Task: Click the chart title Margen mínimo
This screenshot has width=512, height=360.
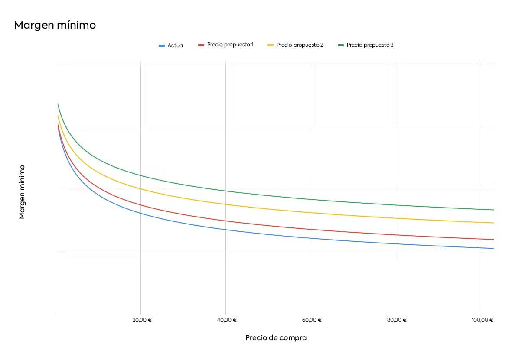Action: pos(55,26)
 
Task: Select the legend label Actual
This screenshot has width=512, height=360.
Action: pos(176,45)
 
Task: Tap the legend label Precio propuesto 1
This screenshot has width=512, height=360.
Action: pos(230,45)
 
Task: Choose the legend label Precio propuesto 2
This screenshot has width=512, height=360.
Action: pos(300,45)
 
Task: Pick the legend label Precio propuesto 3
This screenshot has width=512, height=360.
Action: pos(370,45)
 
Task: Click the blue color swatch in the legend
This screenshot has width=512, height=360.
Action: pos(162,45)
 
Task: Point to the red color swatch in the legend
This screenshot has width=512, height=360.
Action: pos(201,45)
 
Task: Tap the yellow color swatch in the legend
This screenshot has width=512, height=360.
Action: pos(270,45)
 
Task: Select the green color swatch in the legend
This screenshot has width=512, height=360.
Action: pos(340,45)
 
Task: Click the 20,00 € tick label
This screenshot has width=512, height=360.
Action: pos(140,320)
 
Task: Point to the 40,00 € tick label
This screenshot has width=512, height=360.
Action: pos(225,320)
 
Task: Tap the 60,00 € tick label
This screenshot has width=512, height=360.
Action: pos(311,320)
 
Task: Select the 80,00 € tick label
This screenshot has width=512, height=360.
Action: pos(396,320)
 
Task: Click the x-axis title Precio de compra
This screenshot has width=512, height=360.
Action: pos(276,338)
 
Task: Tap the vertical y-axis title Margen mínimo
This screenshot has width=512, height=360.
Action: pos(22,191)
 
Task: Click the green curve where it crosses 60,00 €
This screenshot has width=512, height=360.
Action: pos(311,199)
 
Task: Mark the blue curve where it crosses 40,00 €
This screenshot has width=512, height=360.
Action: pos(225,229)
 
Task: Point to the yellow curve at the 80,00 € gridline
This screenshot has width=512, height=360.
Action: pos(396,218)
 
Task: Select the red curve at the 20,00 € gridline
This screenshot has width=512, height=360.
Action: pos(140,205)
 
